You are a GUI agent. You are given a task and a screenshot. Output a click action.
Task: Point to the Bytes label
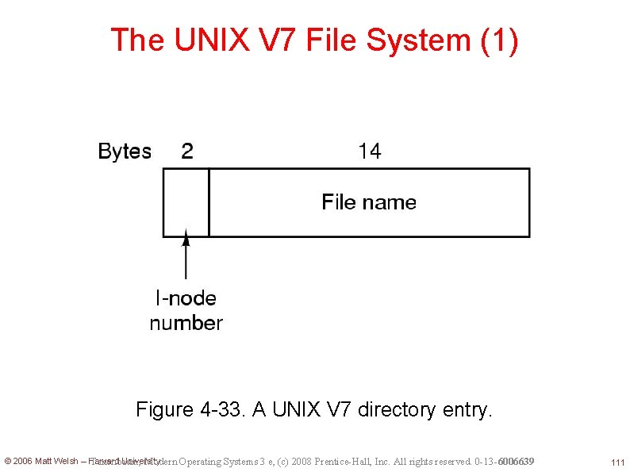tap(125, 152)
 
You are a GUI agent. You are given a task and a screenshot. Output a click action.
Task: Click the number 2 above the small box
tap(186, 152)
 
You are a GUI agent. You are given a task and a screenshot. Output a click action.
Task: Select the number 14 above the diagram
tap(369, 152)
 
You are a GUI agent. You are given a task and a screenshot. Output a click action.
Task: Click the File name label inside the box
tap(369, 202)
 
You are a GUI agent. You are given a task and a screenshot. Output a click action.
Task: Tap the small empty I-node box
tap(186, 202)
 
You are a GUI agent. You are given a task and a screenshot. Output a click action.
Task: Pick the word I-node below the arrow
tap(186, 298)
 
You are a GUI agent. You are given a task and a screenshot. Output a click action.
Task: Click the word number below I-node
tap(186, 323)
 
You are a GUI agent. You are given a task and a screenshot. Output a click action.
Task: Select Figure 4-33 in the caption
tap(191, 409)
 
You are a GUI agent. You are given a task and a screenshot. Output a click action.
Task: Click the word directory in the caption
tap(396, 409)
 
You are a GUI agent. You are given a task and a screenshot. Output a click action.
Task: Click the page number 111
tap(617, 462)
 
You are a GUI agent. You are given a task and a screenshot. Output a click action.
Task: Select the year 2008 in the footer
tap(302, 462)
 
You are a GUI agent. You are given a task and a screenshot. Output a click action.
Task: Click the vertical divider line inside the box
tap(209, 202)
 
